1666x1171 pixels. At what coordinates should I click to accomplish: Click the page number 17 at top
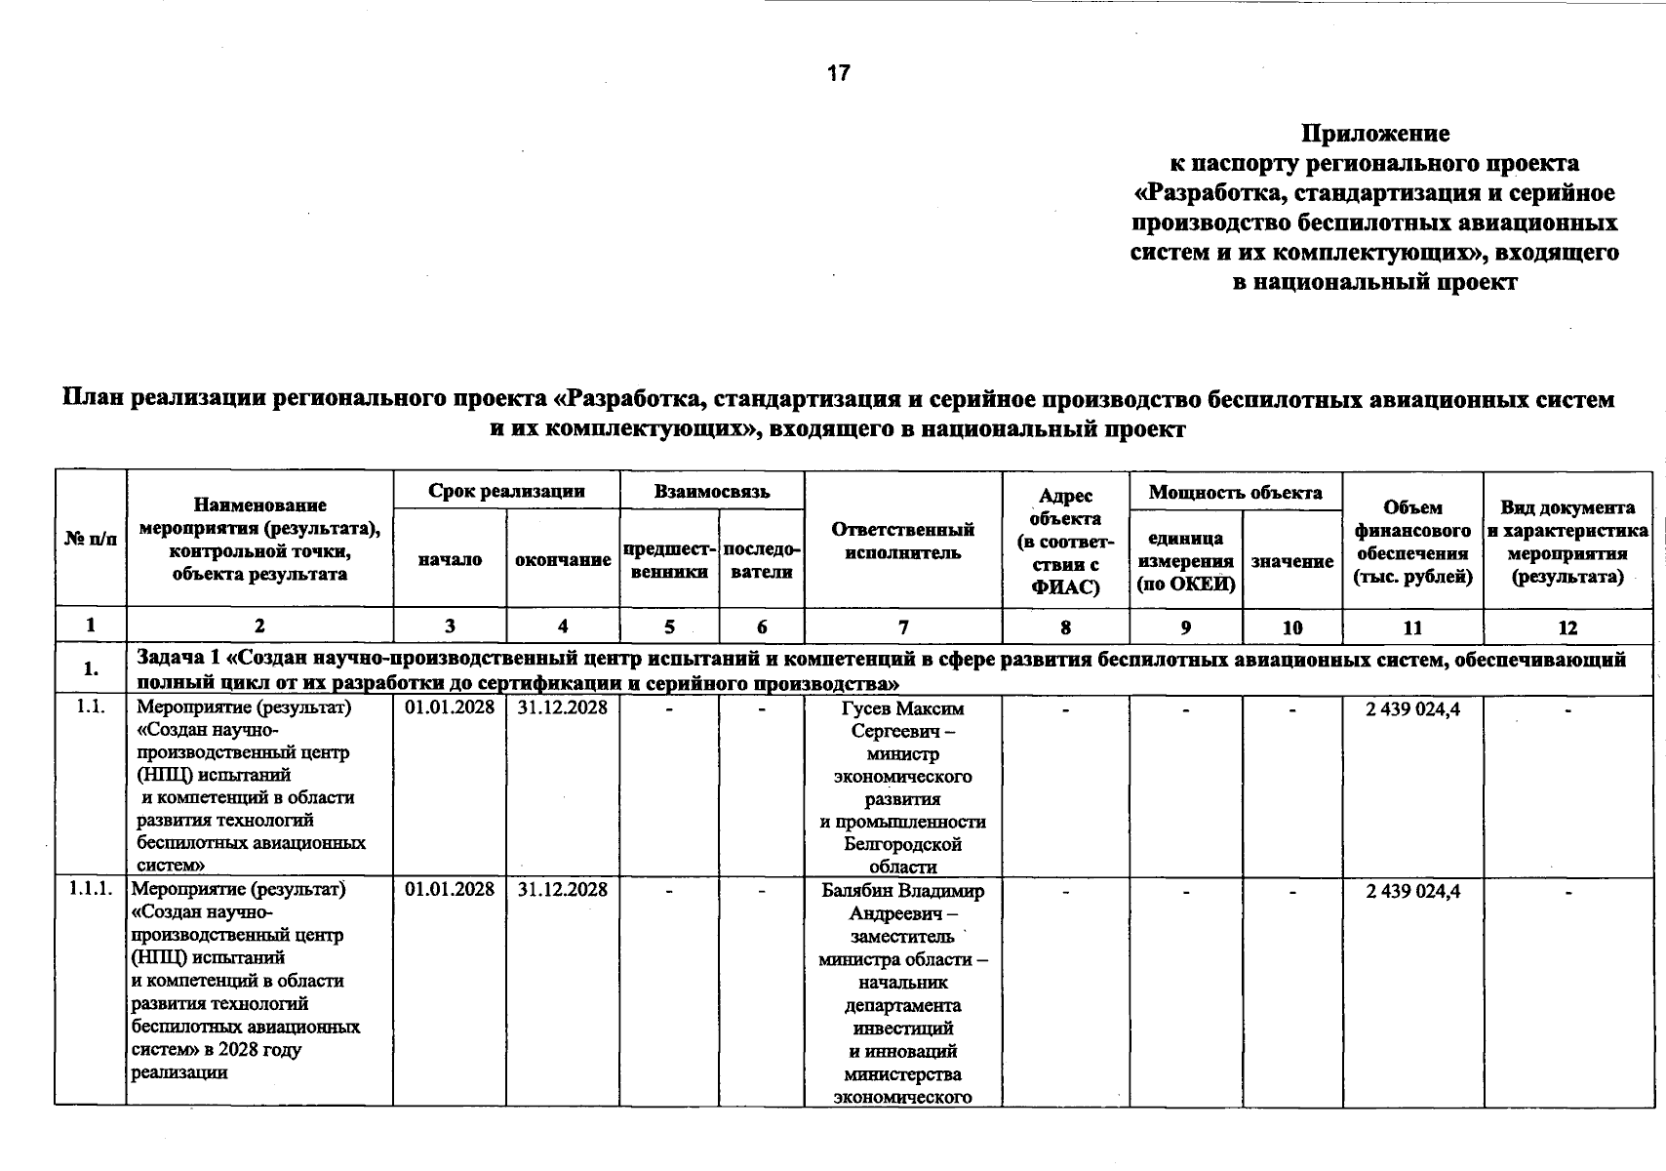838,73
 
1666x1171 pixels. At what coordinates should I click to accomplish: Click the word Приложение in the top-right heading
1375,133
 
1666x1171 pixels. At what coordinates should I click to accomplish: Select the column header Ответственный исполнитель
902,541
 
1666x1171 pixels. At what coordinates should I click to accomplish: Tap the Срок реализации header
506,491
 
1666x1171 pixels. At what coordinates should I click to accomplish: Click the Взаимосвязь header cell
712,491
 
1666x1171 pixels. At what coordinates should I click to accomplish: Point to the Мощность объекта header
1235,492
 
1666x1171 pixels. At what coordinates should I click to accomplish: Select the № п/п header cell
91,539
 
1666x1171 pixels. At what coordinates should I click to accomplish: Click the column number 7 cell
903,627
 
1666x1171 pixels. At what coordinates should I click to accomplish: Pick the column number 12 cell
1567,627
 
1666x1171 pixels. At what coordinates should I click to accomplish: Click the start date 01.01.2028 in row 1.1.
450,707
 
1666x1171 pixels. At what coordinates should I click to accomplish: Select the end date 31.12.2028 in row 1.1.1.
563,889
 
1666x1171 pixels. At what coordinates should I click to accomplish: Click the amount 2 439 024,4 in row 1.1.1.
1412,890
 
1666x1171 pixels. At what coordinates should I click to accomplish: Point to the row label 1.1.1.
91,889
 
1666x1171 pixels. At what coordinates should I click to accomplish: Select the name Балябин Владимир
902,890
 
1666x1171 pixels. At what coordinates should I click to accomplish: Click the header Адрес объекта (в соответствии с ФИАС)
1065,542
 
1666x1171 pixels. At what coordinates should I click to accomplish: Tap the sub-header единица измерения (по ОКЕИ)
1185,561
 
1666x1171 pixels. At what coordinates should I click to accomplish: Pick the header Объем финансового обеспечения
1412,542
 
